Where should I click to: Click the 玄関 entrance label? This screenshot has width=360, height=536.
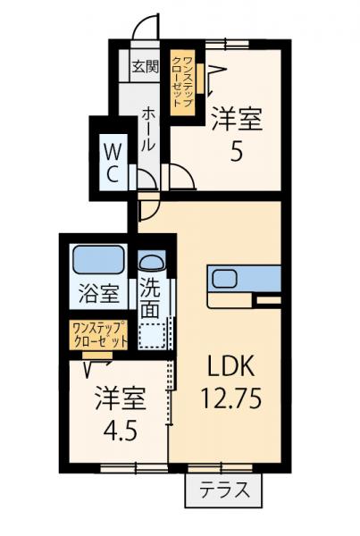coord(146,65)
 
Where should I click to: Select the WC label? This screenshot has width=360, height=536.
coord(112,161)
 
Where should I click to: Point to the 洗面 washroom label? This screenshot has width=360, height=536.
coord(151,299)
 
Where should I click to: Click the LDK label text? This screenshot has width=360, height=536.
coord(232,365)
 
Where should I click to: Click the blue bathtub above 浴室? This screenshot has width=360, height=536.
coord(99,260)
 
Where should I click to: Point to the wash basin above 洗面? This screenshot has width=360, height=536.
coord(151,264)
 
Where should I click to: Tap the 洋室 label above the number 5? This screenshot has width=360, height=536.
coord(237,119)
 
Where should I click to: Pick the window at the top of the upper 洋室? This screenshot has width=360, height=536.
coord(225,42)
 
